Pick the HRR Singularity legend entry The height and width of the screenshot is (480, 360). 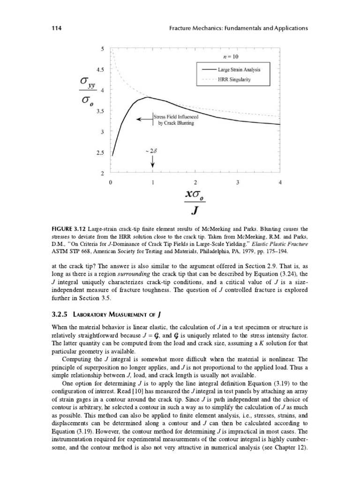[234, 80]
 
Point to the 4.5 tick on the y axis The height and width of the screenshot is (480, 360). [100, 69]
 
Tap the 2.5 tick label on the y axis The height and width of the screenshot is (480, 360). [100, 153]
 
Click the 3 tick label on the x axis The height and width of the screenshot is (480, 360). [238, 182]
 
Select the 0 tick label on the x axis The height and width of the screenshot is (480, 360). [111, 182]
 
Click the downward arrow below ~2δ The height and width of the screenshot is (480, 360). [153, 161]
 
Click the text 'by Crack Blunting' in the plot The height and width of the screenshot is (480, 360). [175, 123]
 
